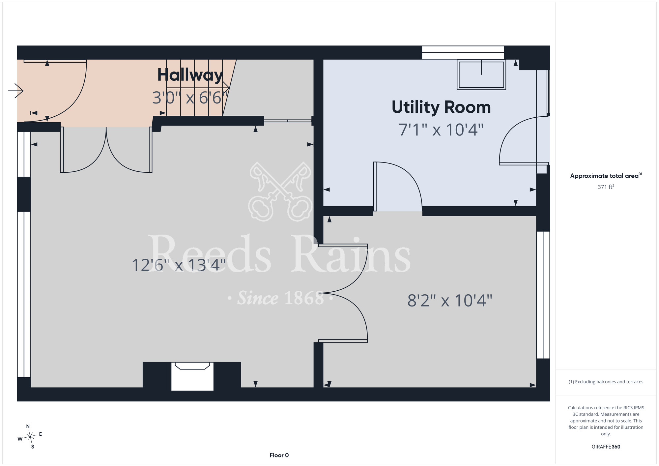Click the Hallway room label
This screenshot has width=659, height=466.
(x=190, y=75)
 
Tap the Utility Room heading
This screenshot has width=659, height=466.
(x=441, y=107)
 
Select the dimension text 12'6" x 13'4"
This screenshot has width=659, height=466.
(x=179, y=265)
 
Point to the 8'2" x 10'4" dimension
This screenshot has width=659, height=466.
(x=450, y=301)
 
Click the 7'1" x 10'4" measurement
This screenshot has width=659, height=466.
(x=441, y=130)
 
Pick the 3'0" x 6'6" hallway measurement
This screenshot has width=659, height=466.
(x=190, y=98)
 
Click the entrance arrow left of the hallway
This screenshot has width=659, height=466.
(x=16, y=91)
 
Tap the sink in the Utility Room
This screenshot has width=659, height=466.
(x=481, y=74)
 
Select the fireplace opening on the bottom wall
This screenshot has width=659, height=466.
(x=192, y=376)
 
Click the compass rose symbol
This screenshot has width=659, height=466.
(x=30, y=437)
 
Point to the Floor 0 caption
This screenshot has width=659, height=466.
(x=279, y=455)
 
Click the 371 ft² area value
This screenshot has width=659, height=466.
(x=606, y=187)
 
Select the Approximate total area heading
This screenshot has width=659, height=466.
(x=606, y=176)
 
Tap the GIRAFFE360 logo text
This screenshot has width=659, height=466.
(x=606, y=447)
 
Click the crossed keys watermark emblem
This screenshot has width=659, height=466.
(x=280, y=191)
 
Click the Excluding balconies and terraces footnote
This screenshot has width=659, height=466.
(x=606, y=382)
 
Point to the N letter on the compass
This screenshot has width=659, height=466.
(x=28, y=426)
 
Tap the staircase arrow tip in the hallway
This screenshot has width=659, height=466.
(x=229, y=88)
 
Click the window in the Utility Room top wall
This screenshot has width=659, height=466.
(x=463, y=52)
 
